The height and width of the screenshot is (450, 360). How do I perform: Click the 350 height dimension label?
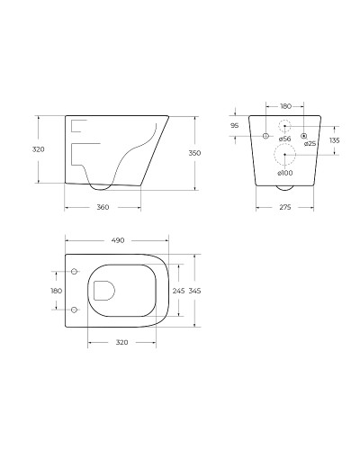(x=194, y=153)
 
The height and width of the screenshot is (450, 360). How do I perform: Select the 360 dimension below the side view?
(x=103, y=207)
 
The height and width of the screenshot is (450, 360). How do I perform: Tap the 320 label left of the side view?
(x=39, y=149)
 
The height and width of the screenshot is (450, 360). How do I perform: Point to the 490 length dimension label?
(x=118, y=240)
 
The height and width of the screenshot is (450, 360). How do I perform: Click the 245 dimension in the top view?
(x=178, y=291)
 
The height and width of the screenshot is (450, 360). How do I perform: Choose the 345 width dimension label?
(x=195, y=291)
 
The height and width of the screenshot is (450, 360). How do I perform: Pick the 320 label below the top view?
(x=121, y=342)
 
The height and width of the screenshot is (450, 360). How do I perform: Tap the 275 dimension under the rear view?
(x=285, y=207)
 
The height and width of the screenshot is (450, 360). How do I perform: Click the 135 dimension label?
(x=335, y=140)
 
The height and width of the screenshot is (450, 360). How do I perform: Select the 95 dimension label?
(x=235, y=126)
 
